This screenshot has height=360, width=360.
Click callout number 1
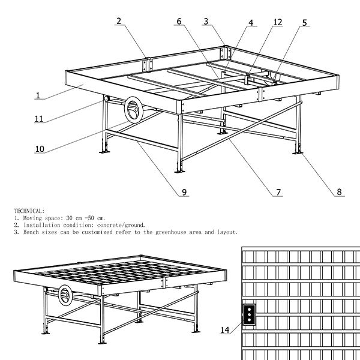(x=37, y=95)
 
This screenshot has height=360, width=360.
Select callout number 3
(x=206, y=22)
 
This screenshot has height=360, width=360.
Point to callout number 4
(x=251, y=23)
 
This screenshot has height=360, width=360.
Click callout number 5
(x=304, y=23)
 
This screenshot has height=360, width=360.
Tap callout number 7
(x=278, y=193)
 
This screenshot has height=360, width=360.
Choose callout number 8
(x=339, y=193)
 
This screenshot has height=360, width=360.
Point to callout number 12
(x=277, y=22)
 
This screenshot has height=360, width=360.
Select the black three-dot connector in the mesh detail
(x=249, y=312)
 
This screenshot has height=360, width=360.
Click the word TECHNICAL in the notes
(x=29, y=211)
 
